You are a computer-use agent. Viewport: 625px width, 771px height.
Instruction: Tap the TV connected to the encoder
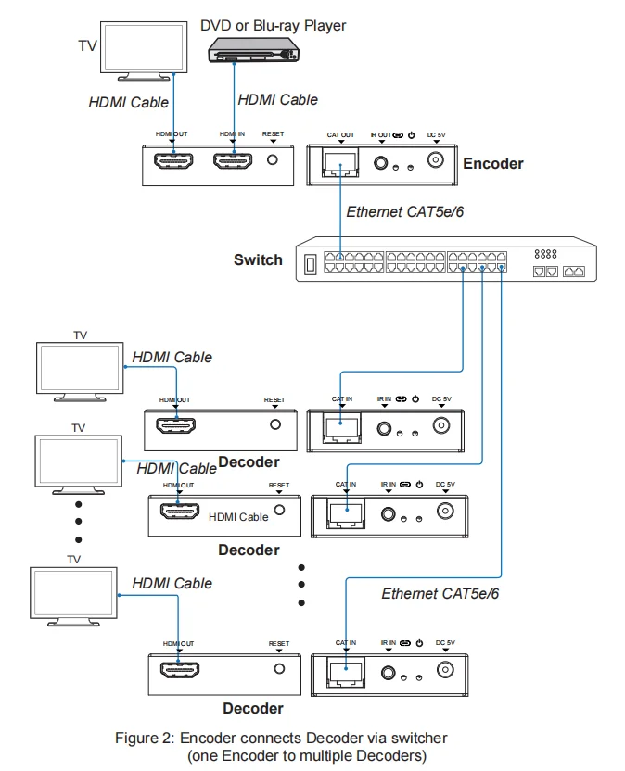coord(139,48)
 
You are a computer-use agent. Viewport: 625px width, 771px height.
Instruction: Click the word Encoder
coord(492,163)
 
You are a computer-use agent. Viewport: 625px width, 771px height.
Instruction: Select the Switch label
coord(258,259)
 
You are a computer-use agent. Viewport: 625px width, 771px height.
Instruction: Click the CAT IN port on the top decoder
coord(341,426)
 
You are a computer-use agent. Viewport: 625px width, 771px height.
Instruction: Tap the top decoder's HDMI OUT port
coord(174,426)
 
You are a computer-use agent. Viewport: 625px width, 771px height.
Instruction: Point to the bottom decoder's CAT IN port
coord(346,670)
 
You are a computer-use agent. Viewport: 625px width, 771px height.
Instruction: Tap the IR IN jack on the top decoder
coord(383,427)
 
